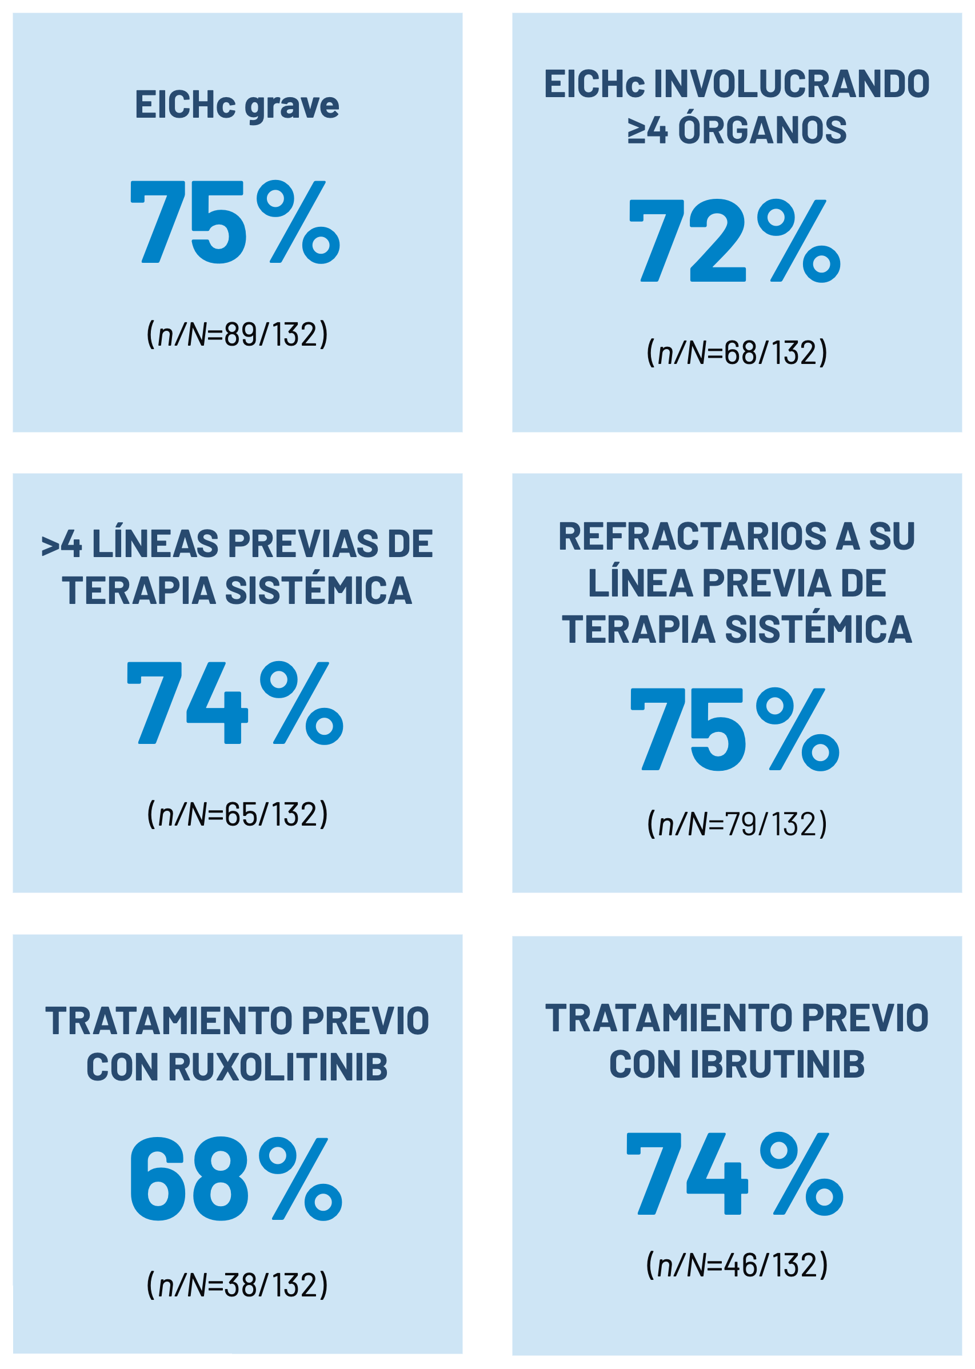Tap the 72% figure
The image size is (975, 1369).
[734, 241]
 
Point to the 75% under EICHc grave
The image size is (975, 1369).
[235, 222]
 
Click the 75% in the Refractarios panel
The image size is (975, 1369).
[734, 728]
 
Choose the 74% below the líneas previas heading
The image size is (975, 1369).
[235, 703]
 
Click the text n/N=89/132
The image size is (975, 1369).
[237, 334]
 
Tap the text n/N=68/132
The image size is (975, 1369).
[737, 353]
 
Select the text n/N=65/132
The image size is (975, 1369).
[237, 814]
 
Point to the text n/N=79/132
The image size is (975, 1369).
[737, 823]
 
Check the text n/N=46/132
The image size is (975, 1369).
[737, 1265]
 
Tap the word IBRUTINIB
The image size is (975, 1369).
[777, 1064]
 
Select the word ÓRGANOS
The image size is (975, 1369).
[762, 130]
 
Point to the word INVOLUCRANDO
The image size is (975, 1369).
[792, 84]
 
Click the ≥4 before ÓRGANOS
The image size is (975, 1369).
[647, 130]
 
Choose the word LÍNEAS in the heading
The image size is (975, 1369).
[155, 544]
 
